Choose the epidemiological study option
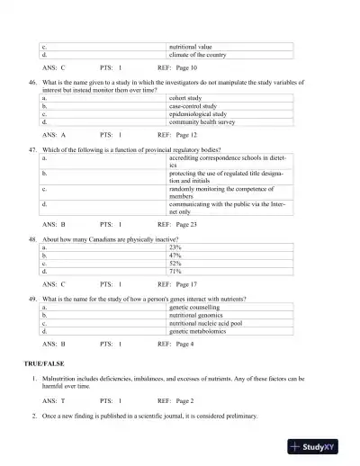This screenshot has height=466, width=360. pyautogui.click(x=199, y=114)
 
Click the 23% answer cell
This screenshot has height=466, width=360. pyautogui.click(x=175, y=246)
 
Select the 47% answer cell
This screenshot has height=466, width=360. pyautogui.click(x=175, y=255)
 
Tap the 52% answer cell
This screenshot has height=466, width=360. pyautogui.click(x=175, y=263)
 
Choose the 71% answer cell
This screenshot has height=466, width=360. pyautogui.click(x=175, y=271)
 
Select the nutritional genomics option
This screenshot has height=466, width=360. pyautogui.click(x=199, y=315)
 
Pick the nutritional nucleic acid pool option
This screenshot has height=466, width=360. pyautogui.click(x=205, y=323)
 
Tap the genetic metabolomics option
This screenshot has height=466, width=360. pyautogui.click(x=199, y=331)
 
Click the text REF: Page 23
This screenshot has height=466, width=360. pyautogui.click(x=177, y=223)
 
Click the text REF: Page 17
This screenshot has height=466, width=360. pyautogui.click(x=177, y=283)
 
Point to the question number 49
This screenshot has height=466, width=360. pyautogui.click(x=33, y=298)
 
